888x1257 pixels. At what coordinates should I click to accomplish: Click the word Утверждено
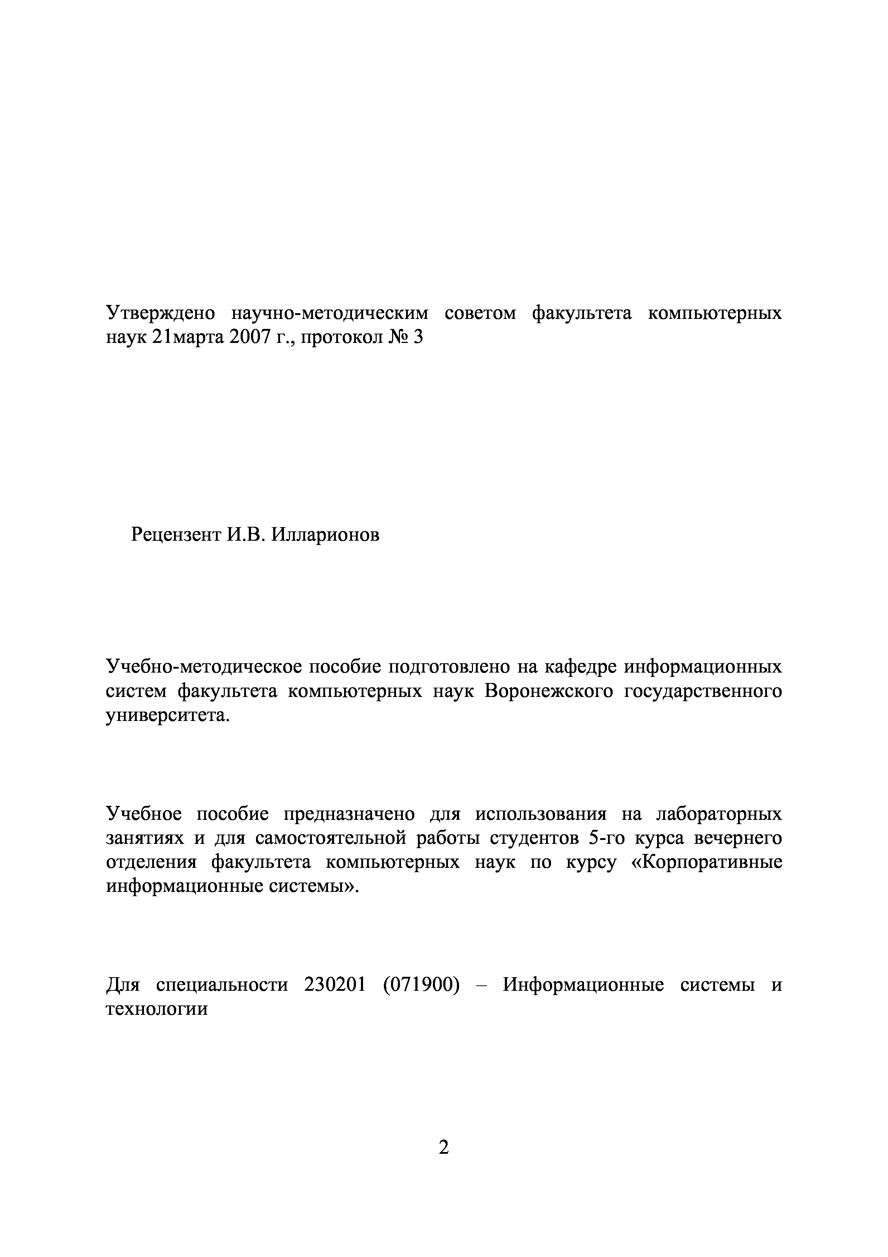click(160, 314)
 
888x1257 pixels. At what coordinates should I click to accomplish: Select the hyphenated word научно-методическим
click(330, 314)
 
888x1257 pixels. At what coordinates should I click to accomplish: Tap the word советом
click(481, 314)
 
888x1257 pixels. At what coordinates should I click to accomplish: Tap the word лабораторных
click(718, 814)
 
